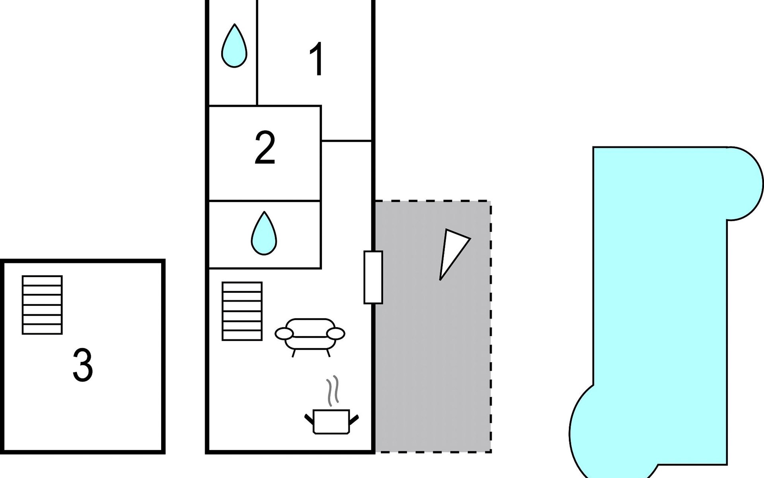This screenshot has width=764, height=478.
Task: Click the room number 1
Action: (317, 60)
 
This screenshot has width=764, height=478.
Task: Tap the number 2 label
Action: (265, 148)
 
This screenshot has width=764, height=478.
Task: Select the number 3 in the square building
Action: (83, 365)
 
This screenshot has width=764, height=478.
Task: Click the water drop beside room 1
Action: (234, 45)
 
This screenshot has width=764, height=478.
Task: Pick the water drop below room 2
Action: (264, 233)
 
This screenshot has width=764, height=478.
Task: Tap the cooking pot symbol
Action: (331, 421)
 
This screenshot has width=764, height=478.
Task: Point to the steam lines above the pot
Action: (332, 390)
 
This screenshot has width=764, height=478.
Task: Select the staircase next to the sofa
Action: (242, 311)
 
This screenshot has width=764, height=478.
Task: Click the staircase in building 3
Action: (42, 305)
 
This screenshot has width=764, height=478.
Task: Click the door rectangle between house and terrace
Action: (373, 277)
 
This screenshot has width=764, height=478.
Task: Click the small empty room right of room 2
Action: (346, 123)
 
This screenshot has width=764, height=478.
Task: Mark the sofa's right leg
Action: (328, 352)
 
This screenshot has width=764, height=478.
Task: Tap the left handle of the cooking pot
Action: (309, 419)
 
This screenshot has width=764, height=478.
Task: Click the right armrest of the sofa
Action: (336, 333)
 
